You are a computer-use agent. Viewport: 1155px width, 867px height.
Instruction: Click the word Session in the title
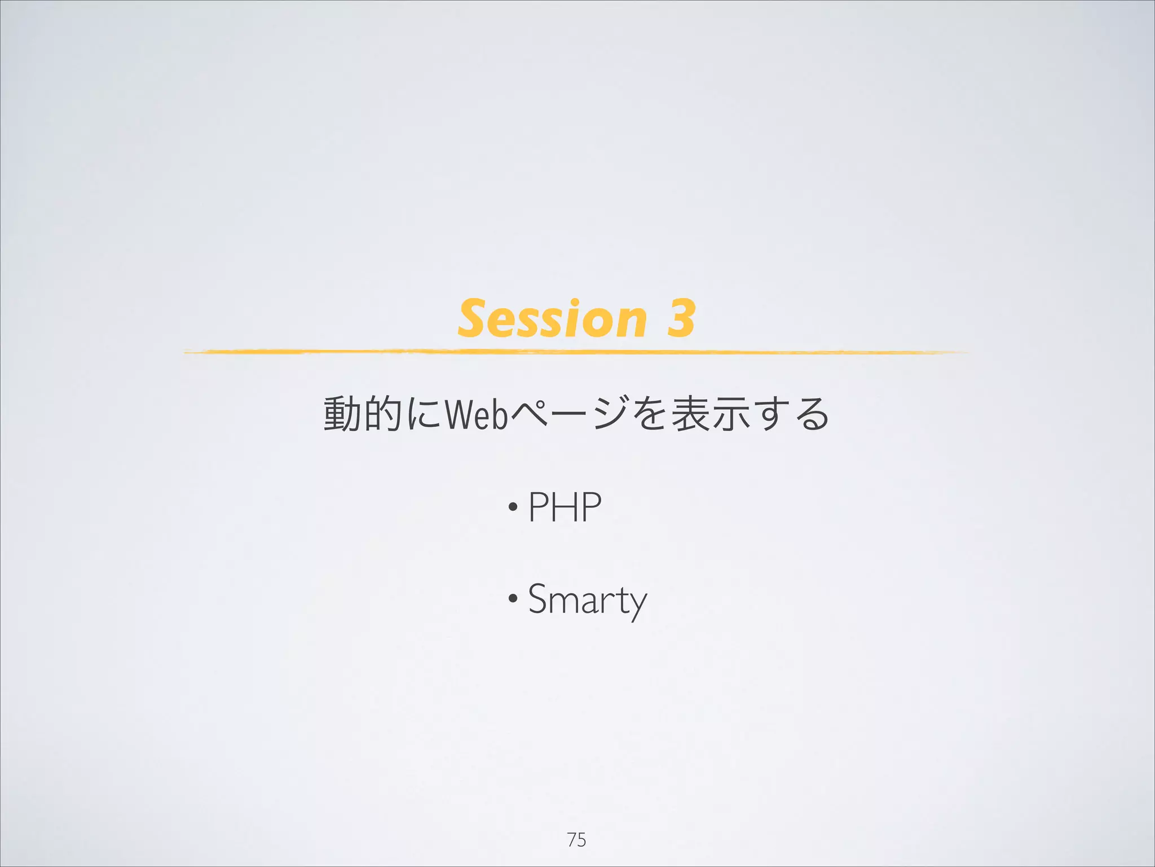pyautogui.click(x=552, y=319)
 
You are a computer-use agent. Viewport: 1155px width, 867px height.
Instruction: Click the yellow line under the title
pyautogui.click(x=575, y=352)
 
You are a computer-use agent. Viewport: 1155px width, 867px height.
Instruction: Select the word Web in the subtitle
pyautogui.click(x=477, y=414)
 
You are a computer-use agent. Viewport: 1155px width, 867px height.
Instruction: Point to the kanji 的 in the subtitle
pyautogui.click(x=383, y=414)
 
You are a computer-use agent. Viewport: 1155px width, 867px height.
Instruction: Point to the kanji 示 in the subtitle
pyautogui.click(x=731, y=414)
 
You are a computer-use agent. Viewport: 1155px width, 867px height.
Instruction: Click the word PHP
pyautogui.click(x=565, y=507)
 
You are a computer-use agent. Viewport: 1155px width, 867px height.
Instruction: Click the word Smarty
pyautogui.click(x=587, y=600)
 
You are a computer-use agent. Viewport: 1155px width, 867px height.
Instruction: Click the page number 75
pyautogui.click(x=576, y=839)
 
